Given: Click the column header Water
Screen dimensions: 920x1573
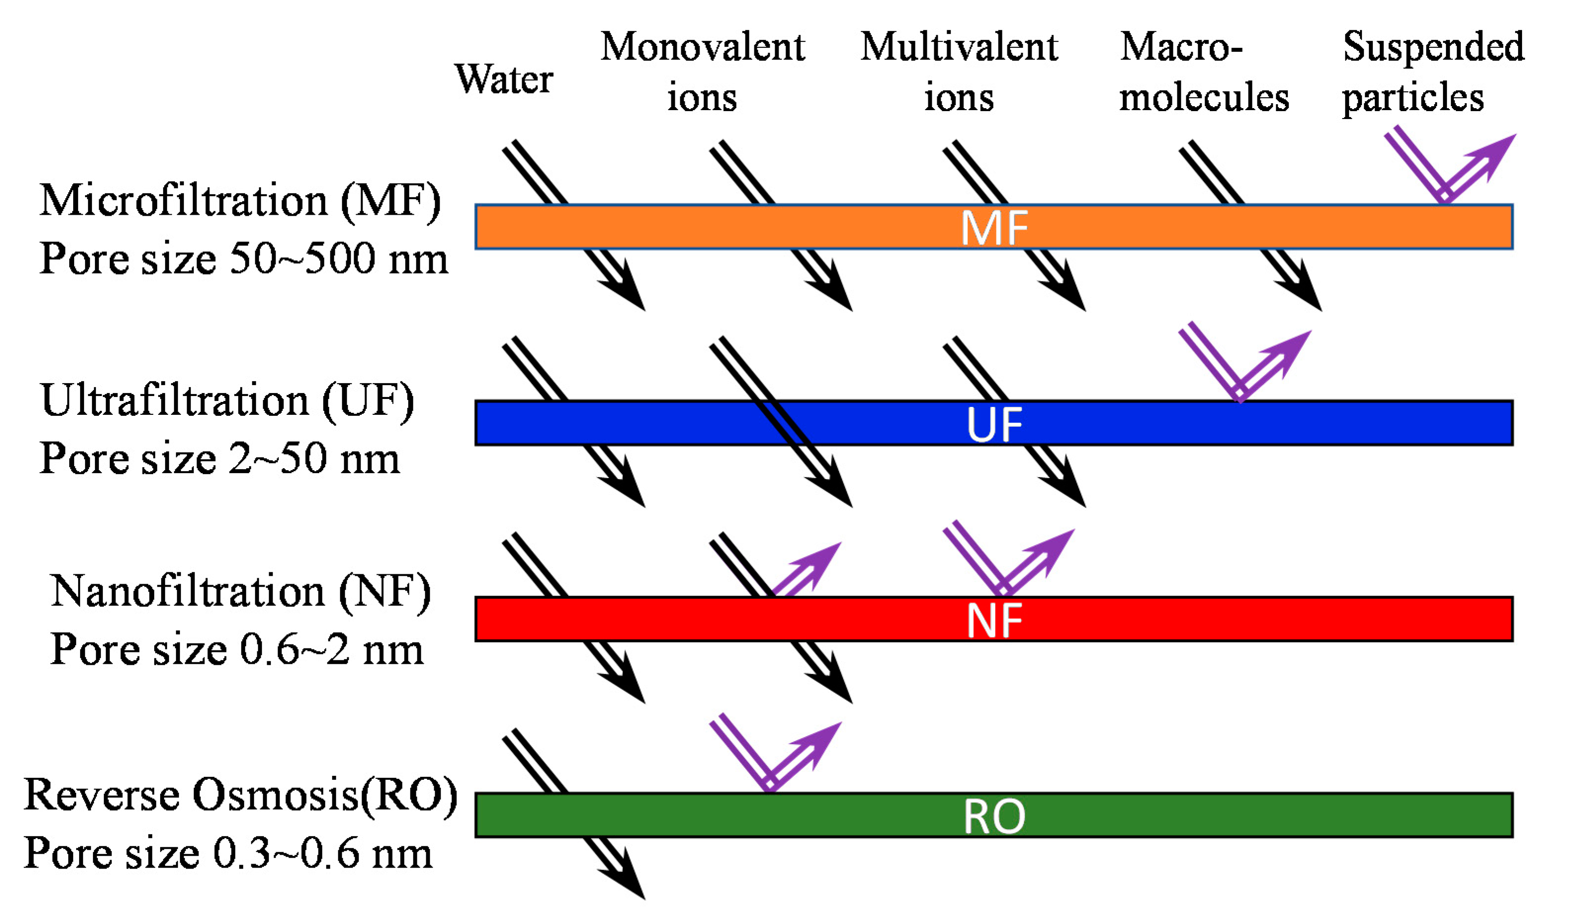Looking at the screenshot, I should point(504,80).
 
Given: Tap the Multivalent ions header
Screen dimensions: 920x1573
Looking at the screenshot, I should point(959,72).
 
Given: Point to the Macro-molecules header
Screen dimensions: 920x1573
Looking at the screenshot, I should point(1203,72).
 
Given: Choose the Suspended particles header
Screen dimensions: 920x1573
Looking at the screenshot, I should point(1433,72).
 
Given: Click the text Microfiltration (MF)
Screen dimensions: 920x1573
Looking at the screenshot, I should point(240,201).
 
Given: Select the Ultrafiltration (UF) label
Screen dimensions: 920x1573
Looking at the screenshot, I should point(228,400).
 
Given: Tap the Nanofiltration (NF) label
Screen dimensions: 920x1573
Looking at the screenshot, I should point(240,591).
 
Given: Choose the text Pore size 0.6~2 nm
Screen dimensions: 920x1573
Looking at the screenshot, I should point(237,650).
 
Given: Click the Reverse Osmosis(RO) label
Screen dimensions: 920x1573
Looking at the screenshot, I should point(240,795).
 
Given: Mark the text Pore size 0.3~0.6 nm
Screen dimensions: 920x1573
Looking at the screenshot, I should point(228,853).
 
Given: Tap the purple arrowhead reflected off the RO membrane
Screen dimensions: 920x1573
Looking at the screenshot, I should point(824,740).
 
